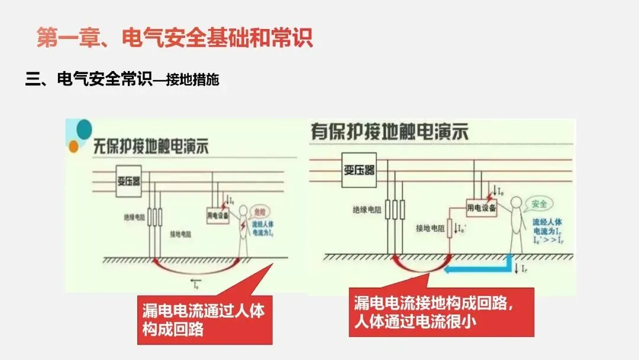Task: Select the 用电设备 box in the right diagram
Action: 481,208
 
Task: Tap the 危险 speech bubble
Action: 260,211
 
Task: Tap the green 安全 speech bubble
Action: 539,204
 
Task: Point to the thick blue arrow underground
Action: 479,268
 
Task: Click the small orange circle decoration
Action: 73,146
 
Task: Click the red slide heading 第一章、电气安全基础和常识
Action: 175,38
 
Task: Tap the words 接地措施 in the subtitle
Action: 192,80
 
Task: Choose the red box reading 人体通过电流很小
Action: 441,313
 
